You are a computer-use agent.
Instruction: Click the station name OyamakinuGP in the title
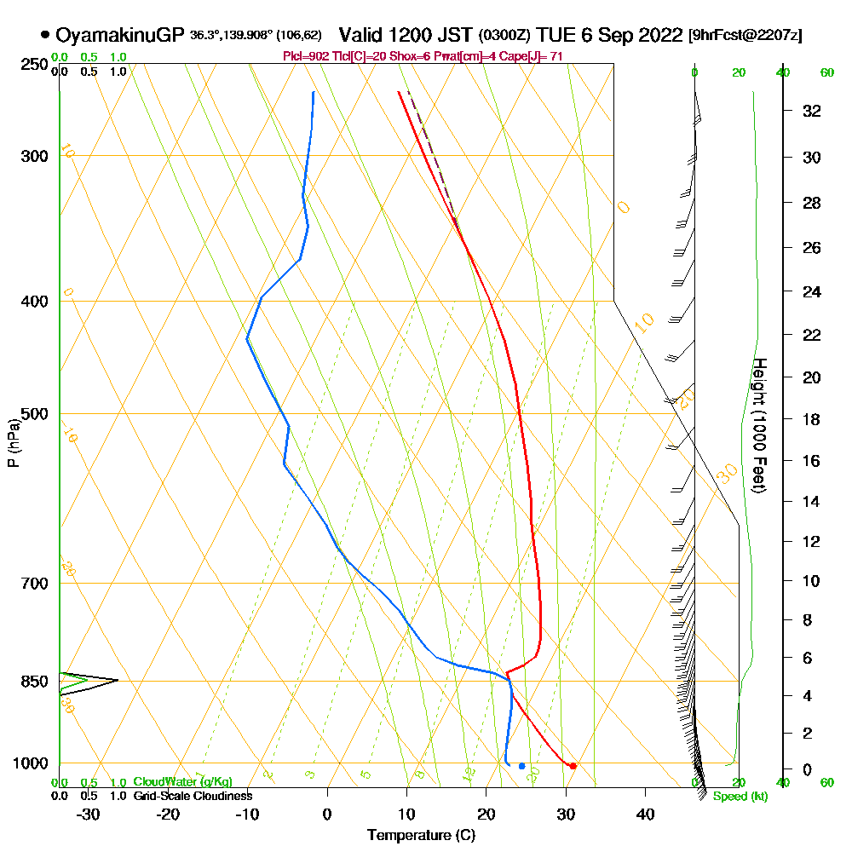coord(119,35)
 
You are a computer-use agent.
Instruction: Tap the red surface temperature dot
coord(573,766)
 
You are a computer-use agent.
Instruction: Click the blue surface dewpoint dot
coord(521,766)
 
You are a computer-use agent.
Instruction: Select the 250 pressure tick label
coord(32,65)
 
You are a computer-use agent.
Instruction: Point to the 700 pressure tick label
coord(32,584)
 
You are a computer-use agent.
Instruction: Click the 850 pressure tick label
coord(32,682)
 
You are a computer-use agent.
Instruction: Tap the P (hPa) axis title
coord(13,443)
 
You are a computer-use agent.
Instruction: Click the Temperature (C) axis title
coord(421,836)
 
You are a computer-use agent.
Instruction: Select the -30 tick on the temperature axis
coord(88,814)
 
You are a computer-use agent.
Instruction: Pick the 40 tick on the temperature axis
coord(645,814)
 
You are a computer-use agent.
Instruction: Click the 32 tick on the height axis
coord(812,111)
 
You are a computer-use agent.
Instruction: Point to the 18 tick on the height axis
coord(812,419)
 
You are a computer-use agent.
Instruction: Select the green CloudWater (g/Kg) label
coord(182,782)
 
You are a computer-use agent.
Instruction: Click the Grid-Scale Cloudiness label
coord(193,796)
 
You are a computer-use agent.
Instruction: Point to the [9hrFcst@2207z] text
coord(745,35)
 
